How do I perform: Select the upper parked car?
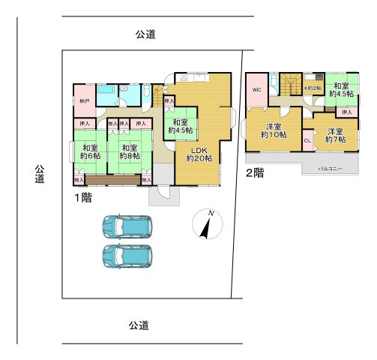coord(127,226)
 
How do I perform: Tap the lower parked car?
coord(127,256)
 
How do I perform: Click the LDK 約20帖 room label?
coord(199,154)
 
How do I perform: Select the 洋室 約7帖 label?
coord(335,135)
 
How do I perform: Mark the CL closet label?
coord(307,140)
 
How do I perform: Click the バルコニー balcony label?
coord(330,169)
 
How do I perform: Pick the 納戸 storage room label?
coord(84,100)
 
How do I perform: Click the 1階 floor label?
coord(82,197)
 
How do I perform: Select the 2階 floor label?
coord(254,172)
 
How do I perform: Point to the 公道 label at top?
coord(145,34)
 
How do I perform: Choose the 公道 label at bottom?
coord(137,325)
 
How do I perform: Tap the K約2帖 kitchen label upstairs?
coord(313,88)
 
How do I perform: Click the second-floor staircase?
coord(290,84)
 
